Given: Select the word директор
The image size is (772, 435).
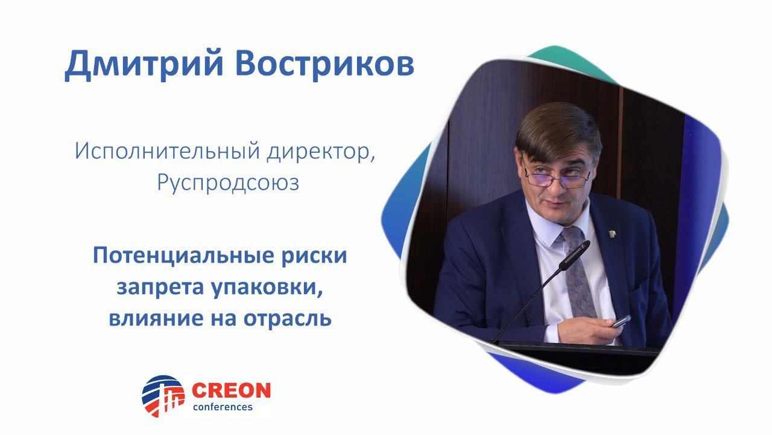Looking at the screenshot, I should (320, 150).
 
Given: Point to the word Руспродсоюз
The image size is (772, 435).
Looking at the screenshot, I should (228, 182).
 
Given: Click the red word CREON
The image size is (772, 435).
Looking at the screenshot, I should (231, 390).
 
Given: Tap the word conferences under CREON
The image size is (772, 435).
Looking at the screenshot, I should (222, 407).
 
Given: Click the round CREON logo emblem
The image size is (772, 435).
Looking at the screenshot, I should (163, 396).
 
